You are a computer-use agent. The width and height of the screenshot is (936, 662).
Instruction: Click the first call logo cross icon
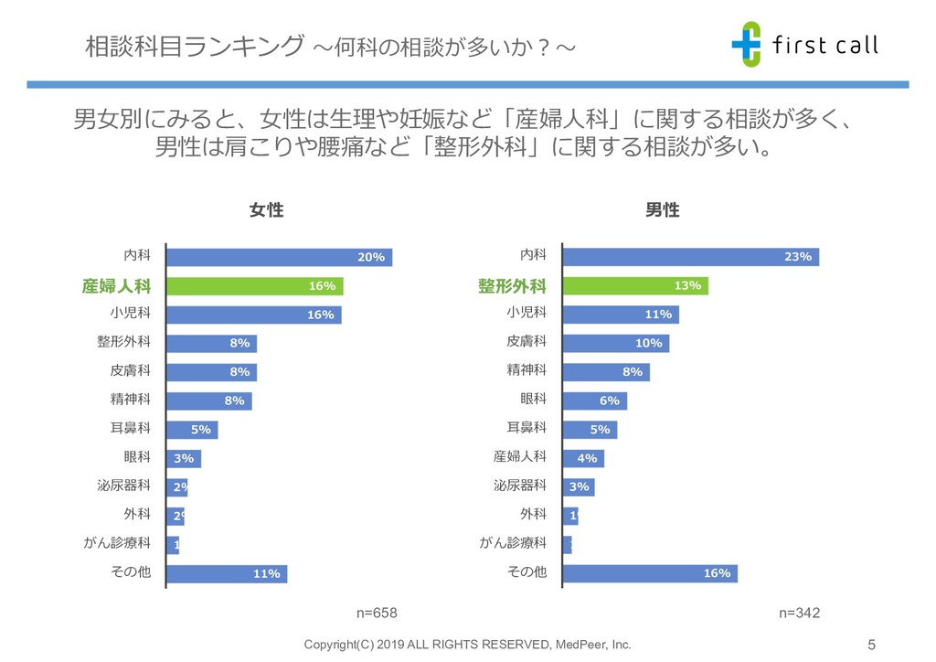pyautogui.click(x=746, y=42)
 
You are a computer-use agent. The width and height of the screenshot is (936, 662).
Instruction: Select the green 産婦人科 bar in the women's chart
pyautogui.click(x=254, y=286)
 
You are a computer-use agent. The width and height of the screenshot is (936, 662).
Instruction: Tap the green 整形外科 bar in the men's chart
pyautogui.click(x=635, y=286)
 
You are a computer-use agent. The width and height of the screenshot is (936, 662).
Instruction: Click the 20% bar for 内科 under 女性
pyautogui.click(x=279, y=257)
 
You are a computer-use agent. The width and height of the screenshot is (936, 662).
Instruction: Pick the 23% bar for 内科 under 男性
pyautogui.click(x=690, y=257)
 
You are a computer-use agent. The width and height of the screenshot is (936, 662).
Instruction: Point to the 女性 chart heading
pyautogui.click(x=266, y=210)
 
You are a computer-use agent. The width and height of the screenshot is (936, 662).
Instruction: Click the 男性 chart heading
pyautogui.click(x=663, y=210)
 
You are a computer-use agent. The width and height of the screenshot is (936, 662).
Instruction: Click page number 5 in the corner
pyautogui.click(x=871, y=643)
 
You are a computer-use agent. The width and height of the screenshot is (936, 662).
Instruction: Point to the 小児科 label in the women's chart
pyautogui.click(x=130, y=314)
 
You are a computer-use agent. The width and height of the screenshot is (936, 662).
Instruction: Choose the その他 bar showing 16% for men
pyautogui.click(x=650, y=573)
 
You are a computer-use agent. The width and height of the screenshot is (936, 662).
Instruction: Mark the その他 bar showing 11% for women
pyautogui.click(x=227, y=574)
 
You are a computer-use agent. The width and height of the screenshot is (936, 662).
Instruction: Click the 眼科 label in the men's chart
pyautogui.click(x=533, y=399)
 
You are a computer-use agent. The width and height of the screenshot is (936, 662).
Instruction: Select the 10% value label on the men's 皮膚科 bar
pyautogui.click(x=648, y=344)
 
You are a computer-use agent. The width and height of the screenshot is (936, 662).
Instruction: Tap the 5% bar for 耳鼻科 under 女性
pyautogui.click(x=192, y=429)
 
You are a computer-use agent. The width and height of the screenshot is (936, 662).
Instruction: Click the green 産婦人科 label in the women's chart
pyautogui.click(x=116, y=286)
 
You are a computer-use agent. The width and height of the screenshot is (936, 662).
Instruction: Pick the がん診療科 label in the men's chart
pyautogui.click(x=513, y=543)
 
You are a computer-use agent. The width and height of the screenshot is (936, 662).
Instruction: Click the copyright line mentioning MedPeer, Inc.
pyautogui.click(x=467, y=645)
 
